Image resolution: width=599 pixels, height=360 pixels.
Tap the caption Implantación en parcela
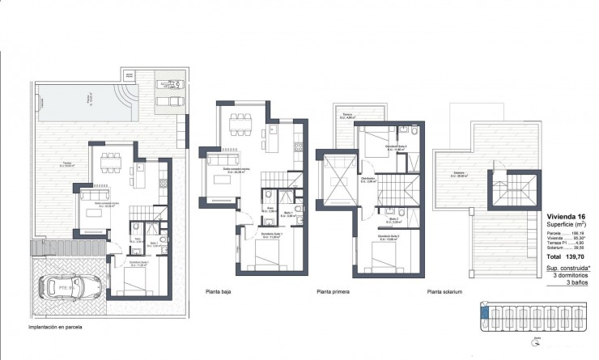[56, 328]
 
